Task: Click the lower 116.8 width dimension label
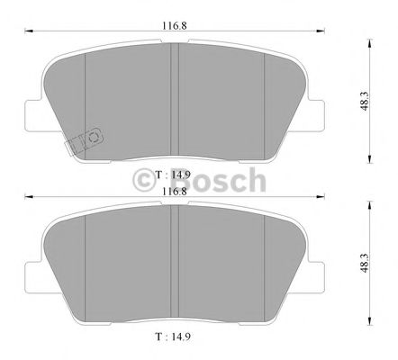(x=175, y=192)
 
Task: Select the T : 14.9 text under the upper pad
(x=174, y=174)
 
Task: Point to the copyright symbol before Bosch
(x=145, y=182)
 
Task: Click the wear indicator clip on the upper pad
(x=84, y=140)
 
